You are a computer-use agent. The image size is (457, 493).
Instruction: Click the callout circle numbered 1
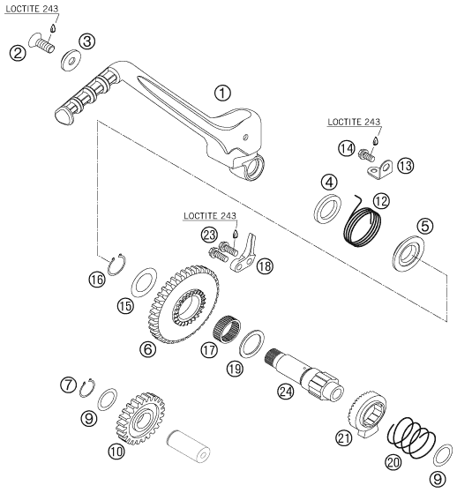222,93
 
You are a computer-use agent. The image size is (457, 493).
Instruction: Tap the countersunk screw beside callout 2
41,44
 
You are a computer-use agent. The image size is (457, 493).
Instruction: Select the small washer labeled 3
71,59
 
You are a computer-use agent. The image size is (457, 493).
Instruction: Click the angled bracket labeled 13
380,169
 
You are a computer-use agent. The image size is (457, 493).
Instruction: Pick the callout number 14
347,148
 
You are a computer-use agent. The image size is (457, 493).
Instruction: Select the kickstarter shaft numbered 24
304,375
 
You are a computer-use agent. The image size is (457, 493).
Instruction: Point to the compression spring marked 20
411,437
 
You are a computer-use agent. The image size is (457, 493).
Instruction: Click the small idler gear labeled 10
141,418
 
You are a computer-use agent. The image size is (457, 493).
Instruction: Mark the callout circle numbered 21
344,437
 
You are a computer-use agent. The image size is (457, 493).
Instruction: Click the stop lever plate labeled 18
245,255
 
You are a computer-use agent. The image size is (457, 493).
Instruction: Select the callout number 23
209,235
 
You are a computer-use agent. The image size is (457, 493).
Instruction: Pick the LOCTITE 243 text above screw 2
32,9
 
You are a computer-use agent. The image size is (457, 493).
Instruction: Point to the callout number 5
425,226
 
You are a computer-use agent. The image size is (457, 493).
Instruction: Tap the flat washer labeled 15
144,281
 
